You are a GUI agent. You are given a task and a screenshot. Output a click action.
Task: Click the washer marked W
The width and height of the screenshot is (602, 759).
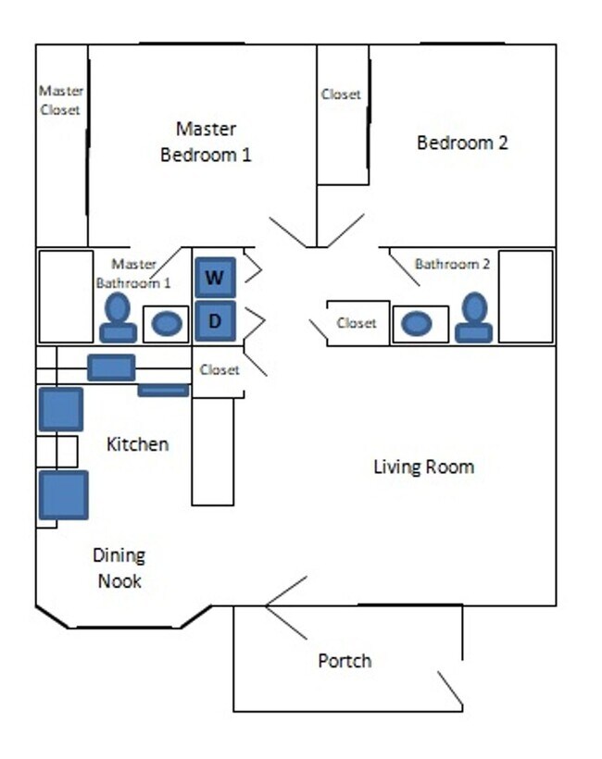[x=215, y=277]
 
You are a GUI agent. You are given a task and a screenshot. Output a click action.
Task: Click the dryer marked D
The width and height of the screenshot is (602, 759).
[x=215, y=321]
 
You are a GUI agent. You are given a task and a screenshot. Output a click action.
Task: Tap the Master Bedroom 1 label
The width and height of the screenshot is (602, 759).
[x=206, y=142]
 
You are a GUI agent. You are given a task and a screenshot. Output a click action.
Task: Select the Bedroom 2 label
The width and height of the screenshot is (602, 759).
[x=462, y=143]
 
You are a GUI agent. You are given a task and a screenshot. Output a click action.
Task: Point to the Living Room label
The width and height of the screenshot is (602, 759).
[x=423, y=467]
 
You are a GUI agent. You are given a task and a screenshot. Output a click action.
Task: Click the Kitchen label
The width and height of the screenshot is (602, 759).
[x=138, y=444]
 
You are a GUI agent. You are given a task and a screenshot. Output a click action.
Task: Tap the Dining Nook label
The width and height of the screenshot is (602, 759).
[x=119, y=568]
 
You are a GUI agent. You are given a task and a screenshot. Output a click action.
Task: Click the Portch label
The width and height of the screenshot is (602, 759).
[x=345, y=661]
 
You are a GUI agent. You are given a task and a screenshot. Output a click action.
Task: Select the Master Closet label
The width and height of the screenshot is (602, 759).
[x=61, y=100]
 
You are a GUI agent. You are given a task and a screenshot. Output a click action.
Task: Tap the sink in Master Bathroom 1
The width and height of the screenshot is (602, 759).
[x=167, y=324]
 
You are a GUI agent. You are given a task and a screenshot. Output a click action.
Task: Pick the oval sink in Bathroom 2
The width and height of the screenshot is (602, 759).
[x=417, y=324]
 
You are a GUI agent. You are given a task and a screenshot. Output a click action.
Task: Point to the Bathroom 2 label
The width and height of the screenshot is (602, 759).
[x=452, y=264]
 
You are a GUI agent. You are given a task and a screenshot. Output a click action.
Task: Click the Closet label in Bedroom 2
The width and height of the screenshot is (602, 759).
[x=341, y=94]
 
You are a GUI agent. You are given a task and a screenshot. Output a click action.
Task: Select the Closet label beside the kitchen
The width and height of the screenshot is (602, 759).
[x=219, y=369]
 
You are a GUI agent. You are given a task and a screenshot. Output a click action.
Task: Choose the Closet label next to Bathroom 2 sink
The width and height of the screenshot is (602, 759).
[x=357, y=323]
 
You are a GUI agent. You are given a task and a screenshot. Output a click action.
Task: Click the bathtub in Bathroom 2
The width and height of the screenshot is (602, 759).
[x=525, y=296]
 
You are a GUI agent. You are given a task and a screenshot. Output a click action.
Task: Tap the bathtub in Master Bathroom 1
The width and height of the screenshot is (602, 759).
[x=65, y=296]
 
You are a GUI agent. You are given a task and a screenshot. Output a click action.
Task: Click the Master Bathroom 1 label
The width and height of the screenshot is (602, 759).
[x=133, y=273]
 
